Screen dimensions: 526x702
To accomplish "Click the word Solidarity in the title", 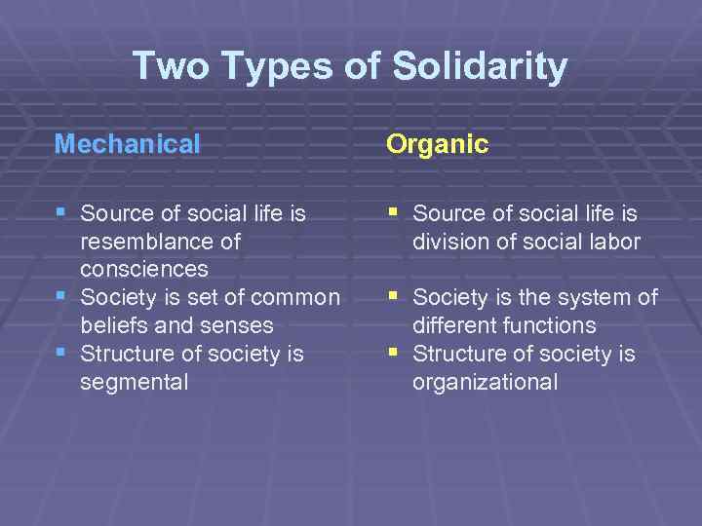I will pos(480,66).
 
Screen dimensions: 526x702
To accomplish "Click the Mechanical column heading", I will pos(128,145).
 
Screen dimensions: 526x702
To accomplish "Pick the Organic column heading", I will pos(438,145).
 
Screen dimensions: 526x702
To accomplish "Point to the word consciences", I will pos(144,268).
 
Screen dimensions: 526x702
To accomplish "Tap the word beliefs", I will pos(115,325).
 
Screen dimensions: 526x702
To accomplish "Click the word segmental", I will pos(135,382).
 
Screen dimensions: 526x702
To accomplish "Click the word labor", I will pos(610,241).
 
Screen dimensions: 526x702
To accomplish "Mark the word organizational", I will pos(485,382).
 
